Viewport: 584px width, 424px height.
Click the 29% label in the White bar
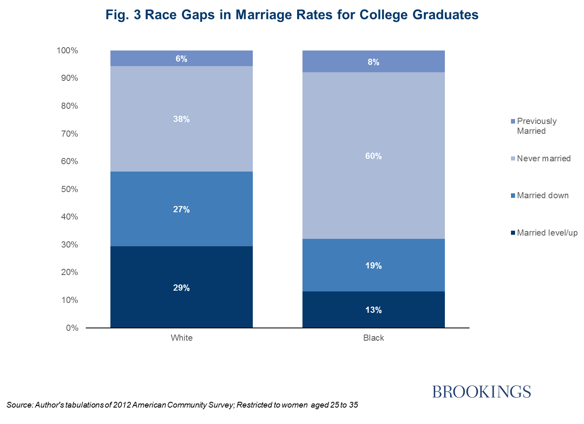point(181,288)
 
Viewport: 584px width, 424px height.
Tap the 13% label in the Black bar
point(373,310)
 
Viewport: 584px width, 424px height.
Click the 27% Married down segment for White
point(181,222)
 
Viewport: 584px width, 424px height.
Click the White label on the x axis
point(181,338)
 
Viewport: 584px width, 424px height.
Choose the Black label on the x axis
point(373,338)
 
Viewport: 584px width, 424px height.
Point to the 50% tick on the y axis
point(69,189)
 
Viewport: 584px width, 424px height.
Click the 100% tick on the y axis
point(67,50)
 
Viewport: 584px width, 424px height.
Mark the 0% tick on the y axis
point(72,328)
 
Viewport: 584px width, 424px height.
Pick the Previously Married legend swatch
point(513,121)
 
